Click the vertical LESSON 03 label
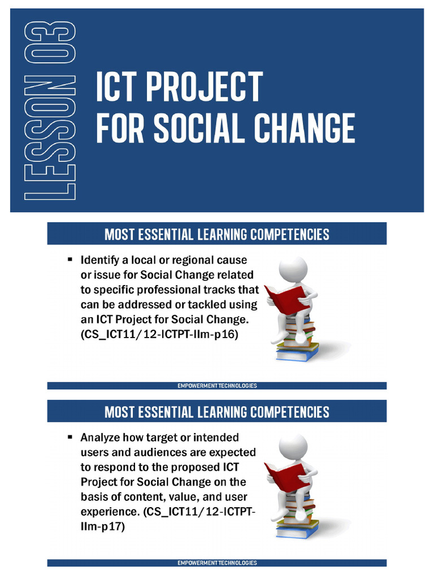click(x=49, y=110)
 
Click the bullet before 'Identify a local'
click(x=70, y=260)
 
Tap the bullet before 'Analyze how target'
click(x=70, y=437)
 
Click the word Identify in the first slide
click(x=101, y=260)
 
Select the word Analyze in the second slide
click(x=101, y=438)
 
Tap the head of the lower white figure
click(x=293, y=447)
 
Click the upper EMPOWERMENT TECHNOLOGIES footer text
click(x=217, y=386)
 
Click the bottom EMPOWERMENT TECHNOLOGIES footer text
click(x=217, y=563)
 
